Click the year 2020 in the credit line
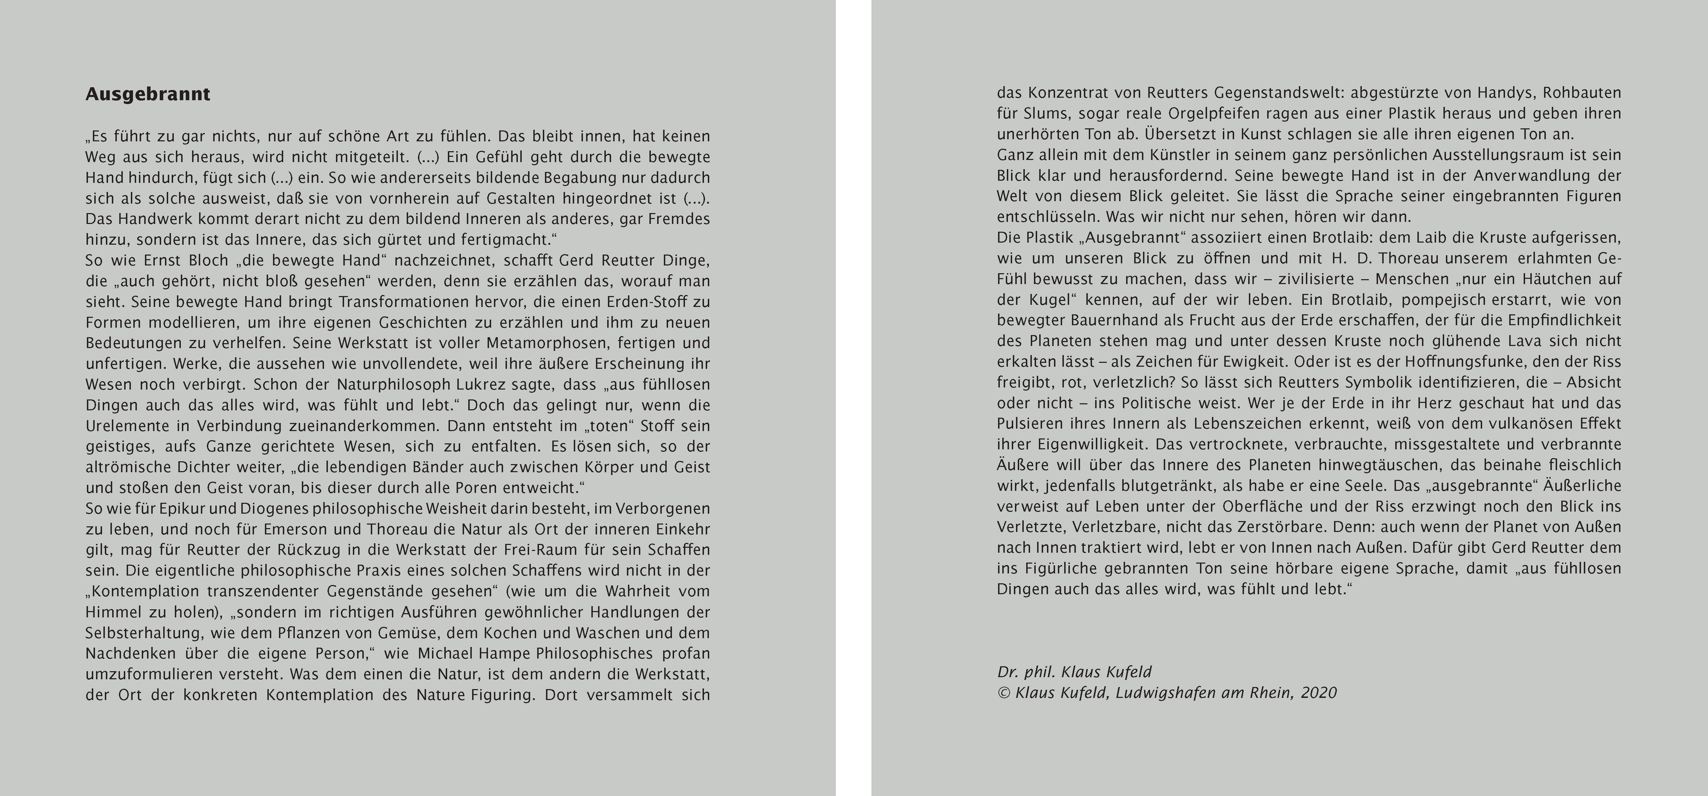[1318, 693]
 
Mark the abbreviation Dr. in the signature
[1008, 672]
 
